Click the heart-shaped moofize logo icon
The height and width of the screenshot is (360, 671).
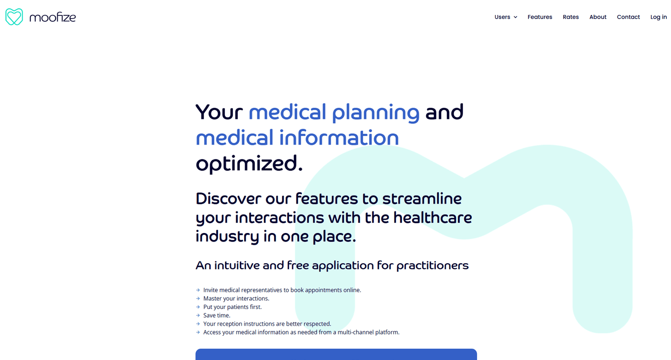[x=14, y=17]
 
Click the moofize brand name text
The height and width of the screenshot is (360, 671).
[x=53, y=17]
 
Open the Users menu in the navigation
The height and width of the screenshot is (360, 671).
[x=502, y=17]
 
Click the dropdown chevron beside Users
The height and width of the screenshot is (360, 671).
[x=515, y=17]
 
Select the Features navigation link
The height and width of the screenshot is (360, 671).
[x=540, y=17]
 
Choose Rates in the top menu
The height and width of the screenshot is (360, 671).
[x=571, y=17]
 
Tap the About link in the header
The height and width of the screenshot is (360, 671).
[x=598, y=17]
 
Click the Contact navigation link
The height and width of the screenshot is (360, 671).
[x=628, y=17]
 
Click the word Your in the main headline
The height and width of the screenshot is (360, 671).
[x=219, y=112]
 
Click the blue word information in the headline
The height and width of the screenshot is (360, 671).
[x=339, y=137]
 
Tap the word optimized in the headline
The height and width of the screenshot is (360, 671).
[x=249, y=164]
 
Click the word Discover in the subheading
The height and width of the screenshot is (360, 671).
[x=228, y=199]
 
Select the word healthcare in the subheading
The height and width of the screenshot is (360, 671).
[x=432, y=218]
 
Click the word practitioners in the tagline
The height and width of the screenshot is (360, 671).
[x=432, y=266]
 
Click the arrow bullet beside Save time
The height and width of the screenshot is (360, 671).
[x=198, y=316]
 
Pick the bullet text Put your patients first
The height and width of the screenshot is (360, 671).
[x=232, y=307]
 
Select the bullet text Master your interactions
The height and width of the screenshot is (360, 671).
[x=237, y=299]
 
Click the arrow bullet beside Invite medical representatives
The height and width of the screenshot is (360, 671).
[x=198, y=290]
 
